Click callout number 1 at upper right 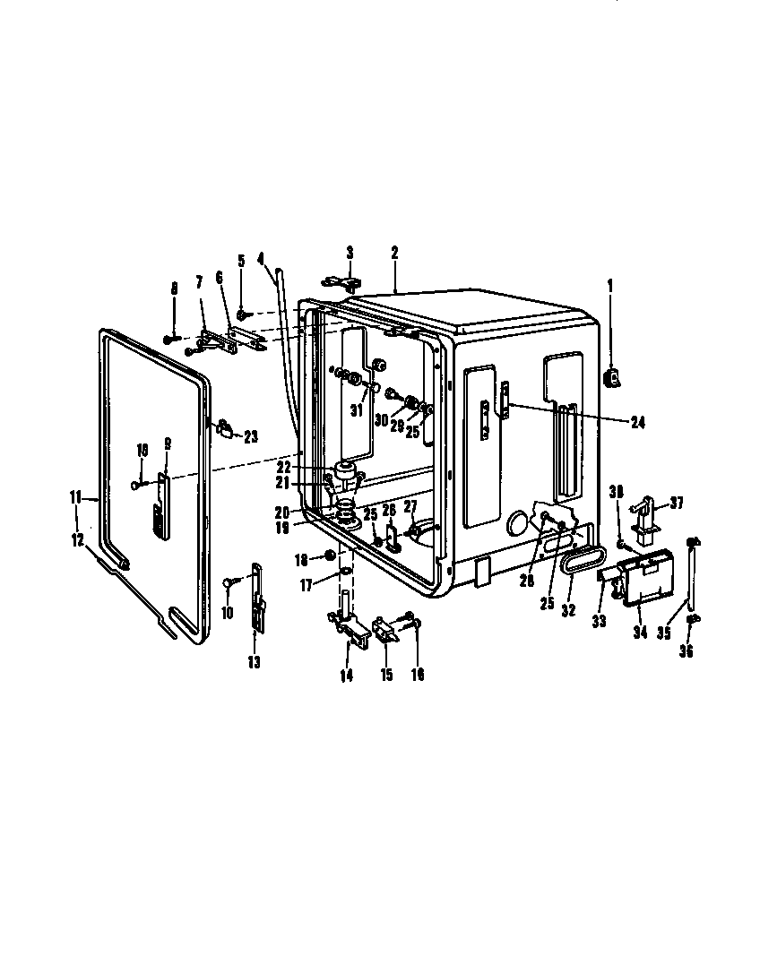coord(611,287)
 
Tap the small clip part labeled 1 coord(614,380)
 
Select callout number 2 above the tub coord(394,254)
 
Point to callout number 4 coord(261,258)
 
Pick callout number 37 coord(677,504)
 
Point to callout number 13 coord(254,662)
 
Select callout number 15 coord(386,675)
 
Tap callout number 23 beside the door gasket coord(250,436)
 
